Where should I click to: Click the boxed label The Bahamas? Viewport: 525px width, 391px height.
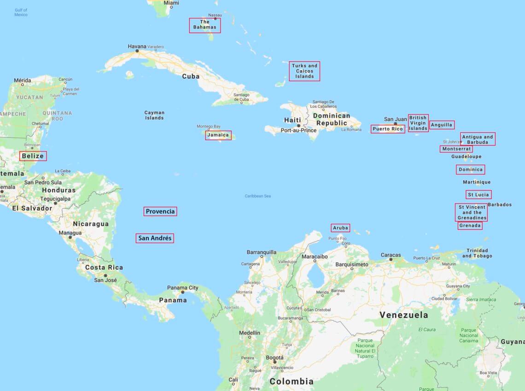click(205, 25)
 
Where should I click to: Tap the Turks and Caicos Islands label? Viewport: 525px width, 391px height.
click(304, 71)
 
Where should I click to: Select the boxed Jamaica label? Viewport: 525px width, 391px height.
click(218, 135)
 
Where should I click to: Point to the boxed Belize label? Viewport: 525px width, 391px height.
click(33, 156)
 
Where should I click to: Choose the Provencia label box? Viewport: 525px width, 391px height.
click(160, 211)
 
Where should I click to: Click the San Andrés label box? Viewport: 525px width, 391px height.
click(155, 238)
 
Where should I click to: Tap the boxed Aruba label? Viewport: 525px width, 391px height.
click(340, 228)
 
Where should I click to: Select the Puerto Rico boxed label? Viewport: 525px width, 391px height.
click(388, 129)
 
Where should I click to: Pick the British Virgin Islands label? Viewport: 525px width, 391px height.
click(418, 123)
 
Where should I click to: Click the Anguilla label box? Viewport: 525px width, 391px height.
click(442, 125)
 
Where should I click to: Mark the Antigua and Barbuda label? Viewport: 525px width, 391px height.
click(478, 139)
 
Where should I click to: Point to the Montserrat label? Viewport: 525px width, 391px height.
click(456, 149)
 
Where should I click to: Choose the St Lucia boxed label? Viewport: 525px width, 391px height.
click(478, 194)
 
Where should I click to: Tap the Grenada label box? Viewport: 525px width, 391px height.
click(470, 226)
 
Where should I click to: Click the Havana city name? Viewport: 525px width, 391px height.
click(137, 47)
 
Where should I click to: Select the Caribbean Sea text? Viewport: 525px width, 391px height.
click(258, 196)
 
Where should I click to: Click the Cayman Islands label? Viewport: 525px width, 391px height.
click(154, 115)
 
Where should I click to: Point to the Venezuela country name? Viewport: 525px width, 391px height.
click(403, 315)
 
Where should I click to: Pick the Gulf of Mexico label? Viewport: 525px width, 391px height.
click(21, 12)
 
